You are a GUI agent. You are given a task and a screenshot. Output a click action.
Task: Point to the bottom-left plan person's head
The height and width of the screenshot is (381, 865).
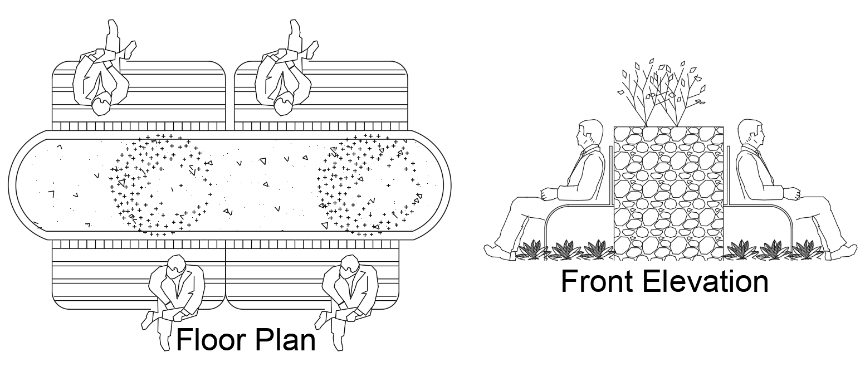click(176, 266)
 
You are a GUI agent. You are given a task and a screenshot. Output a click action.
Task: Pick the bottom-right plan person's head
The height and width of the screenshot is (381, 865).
click(350, 266)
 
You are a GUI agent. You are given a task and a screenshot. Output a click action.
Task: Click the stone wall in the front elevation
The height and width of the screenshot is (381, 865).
click(668, 192)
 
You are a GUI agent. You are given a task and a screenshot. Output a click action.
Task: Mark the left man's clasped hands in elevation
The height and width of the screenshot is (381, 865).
click(549, 194)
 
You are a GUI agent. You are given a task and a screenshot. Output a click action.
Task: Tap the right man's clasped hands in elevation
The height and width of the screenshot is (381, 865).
click(791, 194)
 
